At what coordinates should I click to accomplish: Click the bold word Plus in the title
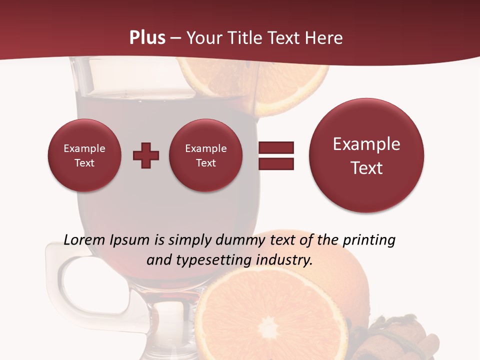click(147, 38)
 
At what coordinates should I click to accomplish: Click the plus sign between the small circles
click(146, 155)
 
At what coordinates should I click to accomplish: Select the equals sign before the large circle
click(275, 155)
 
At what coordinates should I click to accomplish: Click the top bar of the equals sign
click(275, 147)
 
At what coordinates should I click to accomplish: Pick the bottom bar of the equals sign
click(275, 163)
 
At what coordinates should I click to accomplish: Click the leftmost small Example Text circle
click(84, 155)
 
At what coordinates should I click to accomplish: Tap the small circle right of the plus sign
click(205, 155)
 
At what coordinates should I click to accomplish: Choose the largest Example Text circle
click(366, 155)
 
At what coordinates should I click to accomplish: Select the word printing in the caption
click(368, 240)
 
